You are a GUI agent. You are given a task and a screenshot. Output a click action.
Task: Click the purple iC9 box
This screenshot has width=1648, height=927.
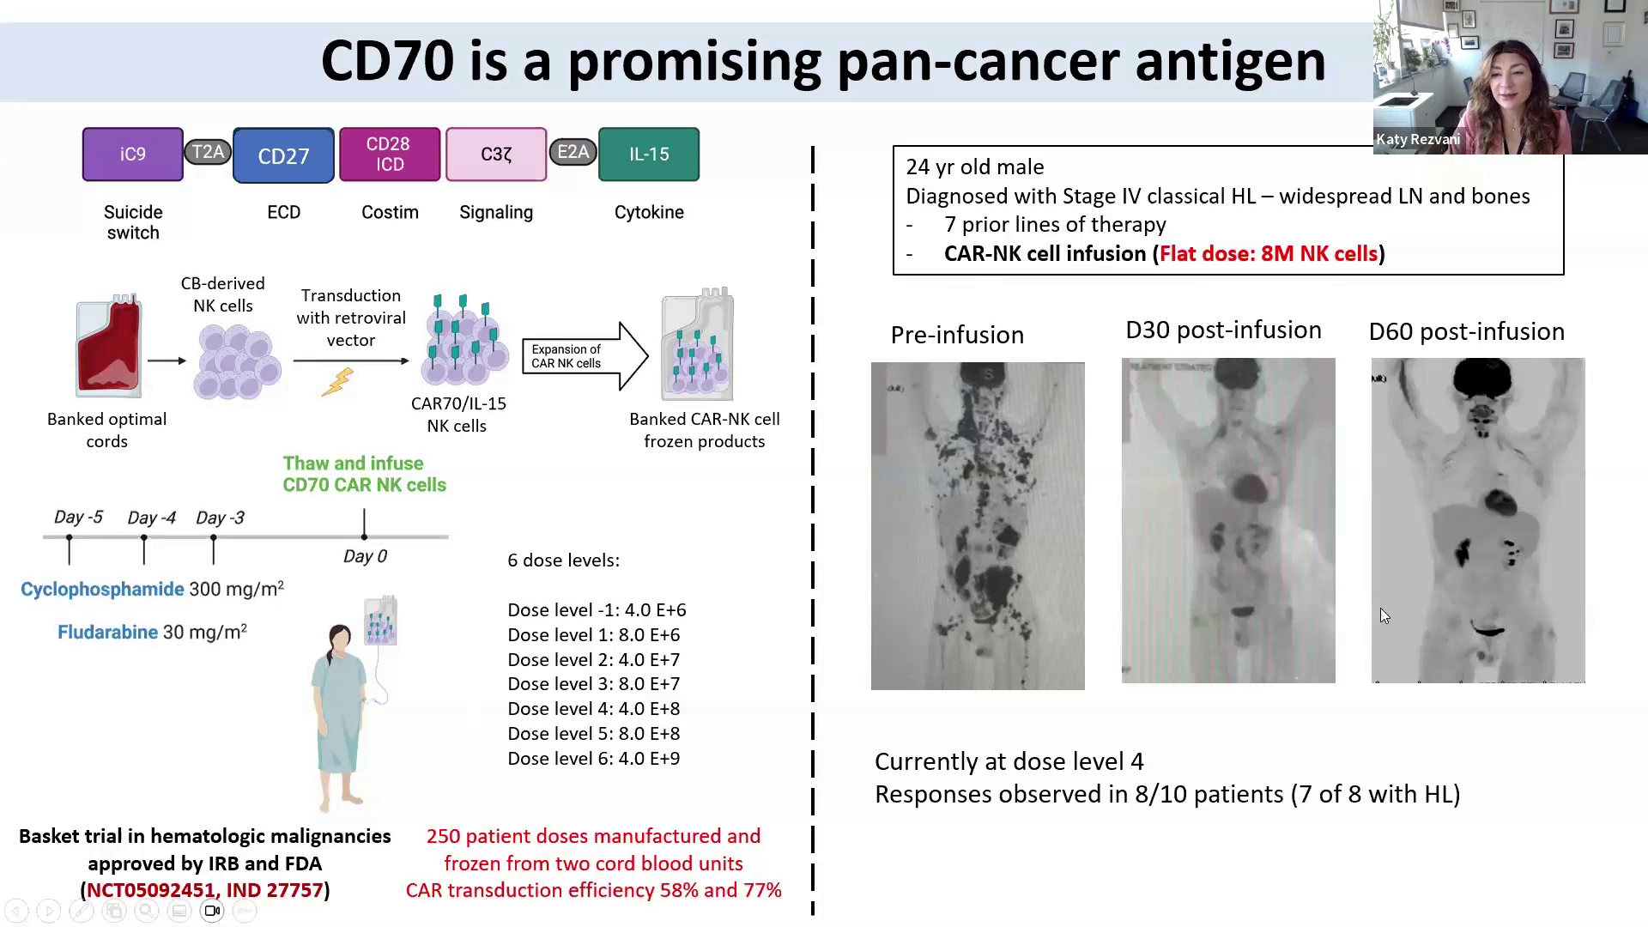(133, 154)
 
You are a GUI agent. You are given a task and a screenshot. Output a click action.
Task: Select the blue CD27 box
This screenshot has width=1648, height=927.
(283, 155)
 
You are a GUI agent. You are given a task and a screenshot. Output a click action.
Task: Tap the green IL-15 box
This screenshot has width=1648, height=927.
(649, 154)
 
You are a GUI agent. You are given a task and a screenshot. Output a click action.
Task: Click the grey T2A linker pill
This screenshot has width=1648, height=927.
(208, 153)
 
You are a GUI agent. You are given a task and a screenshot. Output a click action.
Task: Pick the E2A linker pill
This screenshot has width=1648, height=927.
(573, 153)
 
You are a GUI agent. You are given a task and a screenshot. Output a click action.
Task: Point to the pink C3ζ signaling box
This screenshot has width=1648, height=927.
(496, 154)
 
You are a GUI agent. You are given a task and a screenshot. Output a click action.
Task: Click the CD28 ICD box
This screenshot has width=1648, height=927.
(390, 154)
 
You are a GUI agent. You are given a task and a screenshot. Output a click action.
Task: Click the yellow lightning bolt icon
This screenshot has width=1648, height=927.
(337, 382)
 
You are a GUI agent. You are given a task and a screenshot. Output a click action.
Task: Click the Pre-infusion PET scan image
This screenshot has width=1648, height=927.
(978, 525)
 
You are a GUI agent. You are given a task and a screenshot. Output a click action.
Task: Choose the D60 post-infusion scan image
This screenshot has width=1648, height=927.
(1478, 520)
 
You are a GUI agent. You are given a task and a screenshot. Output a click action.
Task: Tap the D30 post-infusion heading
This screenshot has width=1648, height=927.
(1223, 330)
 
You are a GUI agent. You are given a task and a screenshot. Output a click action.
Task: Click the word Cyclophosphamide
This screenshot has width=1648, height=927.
(102, 590)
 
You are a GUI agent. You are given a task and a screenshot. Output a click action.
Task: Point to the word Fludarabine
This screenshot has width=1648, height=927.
(108, 633)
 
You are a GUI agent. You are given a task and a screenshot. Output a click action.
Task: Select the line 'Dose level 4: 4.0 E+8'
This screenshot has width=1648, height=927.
(594, 709)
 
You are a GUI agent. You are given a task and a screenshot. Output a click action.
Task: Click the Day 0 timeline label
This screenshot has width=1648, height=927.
(365, 557)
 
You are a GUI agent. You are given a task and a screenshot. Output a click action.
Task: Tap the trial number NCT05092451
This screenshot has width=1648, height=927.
(150, 890)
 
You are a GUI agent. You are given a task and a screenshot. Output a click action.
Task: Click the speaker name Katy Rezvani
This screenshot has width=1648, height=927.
(1418, 139)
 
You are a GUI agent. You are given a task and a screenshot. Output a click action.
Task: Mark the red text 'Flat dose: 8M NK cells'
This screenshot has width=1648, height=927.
(1269, 254)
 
